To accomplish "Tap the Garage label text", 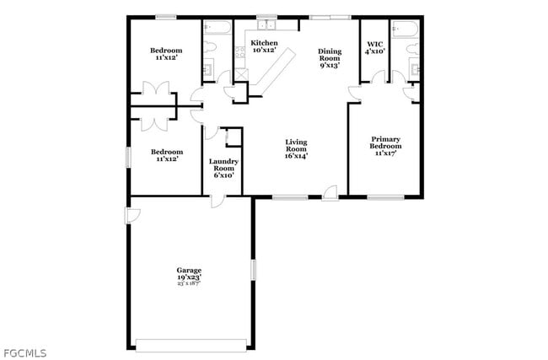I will (x=189, y=270).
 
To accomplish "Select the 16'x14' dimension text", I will (x=297, y=156).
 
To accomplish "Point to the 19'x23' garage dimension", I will (x=189, y=277).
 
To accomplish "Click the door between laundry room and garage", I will (x=218, y=199).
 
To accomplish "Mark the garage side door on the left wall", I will (x=132, y=215).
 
